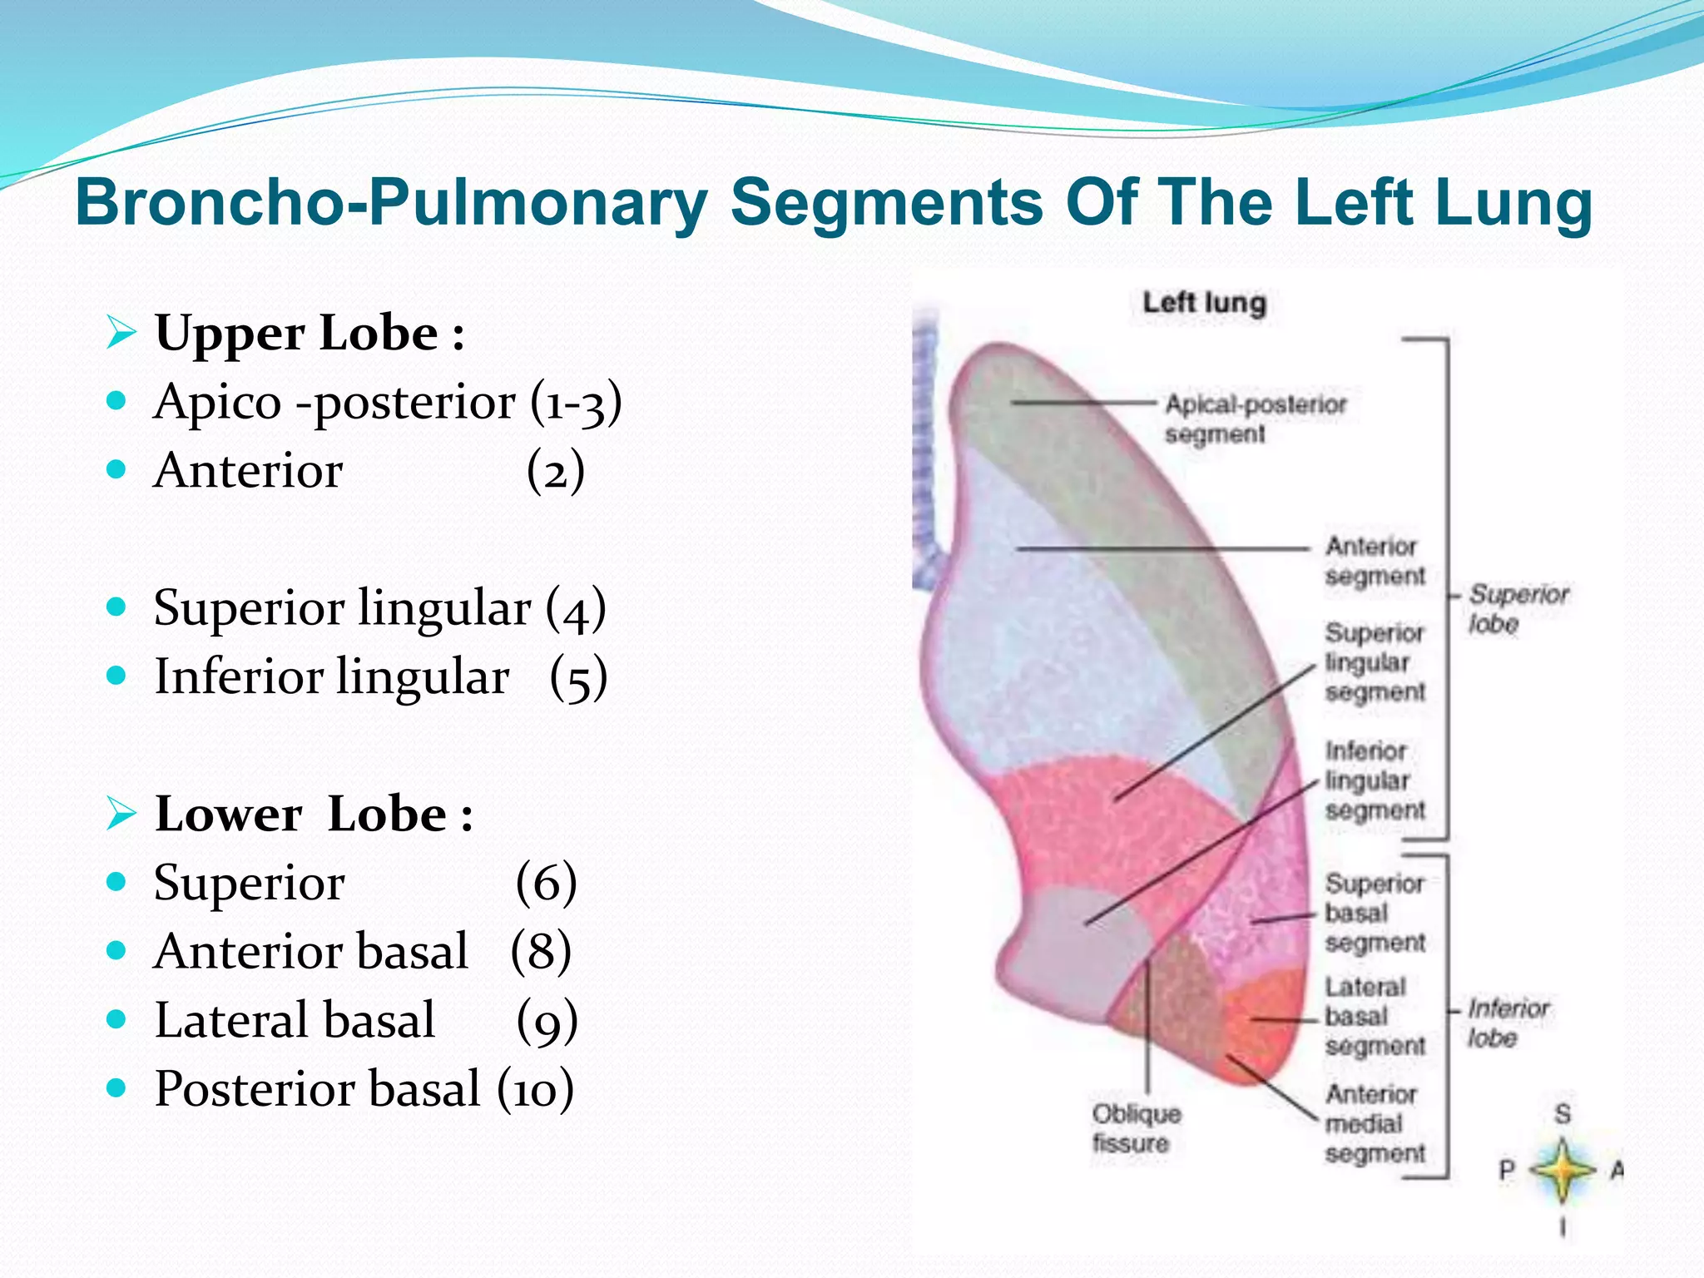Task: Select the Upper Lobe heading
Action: click(x=309, y=334)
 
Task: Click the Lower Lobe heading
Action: click(x=314, y=814)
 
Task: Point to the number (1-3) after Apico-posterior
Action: click(x=576, y=403)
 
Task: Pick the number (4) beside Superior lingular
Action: click(x=576, y=608)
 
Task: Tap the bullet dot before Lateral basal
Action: click(x=116, y=1019)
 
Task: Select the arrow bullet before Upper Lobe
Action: click(x=121, y=333)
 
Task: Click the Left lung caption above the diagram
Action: click(x=1204, y=303)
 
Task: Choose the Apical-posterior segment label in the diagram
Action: click(x=1255, y=419)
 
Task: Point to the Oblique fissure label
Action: click(x=1136, y=1128)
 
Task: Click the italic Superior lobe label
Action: click(x=1517, y=609)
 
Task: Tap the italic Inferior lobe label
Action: click(x=1507, y=1023)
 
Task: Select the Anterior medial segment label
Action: click(x=1375, y=1123)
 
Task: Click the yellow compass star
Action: click(x=1563, y=1171)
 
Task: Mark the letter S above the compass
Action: click(x=1563, y=1114)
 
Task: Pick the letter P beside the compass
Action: click(x=1507, y=1171)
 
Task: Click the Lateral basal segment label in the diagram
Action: click(x=1375, y=1016)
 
